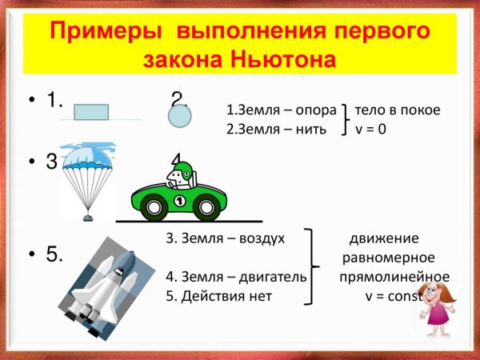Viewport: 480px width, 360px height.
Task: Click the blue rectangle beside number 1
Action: pos(91,112)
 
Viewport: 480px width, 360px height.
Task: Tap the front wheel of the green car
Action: pos(206,208)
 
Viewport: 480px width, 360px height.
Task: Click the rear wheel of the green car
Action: pos(154,208)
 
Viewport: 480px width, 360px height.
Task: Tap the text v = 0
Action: pos(371,129)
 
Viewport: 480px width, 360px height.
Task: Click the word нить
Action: pos(310,129)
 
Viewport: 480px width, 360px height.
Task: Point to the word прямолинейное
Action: pos(394,277)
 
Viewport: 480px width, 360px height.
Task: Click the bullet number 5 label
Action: pos(54,255)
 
